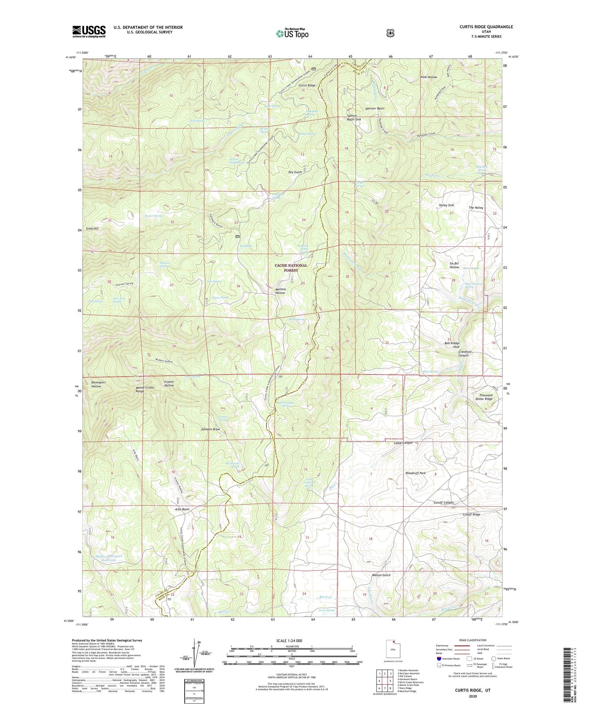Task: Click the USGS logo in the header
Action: tap(89, 31)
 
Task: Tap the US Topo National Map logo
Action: tap(292, 33)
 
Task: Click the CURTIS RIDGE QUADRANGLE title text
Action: tap(486, 27)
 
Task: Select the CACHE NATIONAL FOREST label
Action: tap(291, 268)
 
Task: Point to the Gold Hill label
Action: tap(93, 228)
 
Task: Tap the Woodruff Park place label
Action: tap(415, 473)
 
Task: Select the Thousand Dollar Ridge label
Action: tap(485, 397)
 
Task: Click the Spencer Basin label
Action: tap(375, 109)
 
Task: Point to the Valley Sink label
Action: tap(446, 205)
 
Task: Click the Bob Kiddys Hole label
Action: tap(452, 345)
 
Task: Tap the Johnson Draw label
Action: tap(210, 429)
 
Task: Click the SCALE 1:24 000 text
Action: tap(289, 641)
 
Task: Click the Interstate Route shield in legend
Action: tap(439, 658)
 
